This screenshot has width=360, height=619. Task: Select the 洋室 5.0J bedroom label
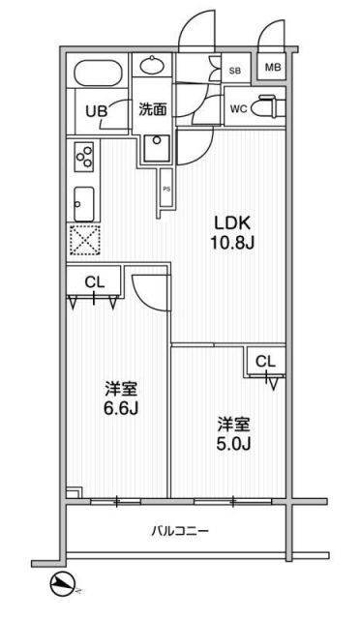click(233, 435)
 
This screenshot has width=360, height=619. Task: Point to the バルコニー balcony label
click(180, 531)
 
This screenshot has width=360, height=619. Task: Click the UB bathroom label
click(97, 110)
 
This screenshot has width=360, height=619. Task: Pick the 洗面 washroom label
click(152, 109)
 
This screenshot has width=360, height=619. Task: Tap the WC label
click(238, 108)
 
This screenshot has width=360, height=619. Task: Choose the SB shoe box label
click(234, 70)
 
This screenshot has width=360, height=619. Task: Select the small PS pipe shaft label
click(166, 189)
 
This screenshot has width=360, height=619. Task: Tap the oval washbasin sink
click(152, 67)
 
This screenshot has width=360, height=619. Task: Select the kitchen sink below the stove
click(82, 200)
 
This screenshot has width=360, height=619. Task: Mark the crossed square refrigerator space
click(84, 239)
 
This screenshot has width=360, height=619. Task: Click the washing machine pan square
click(154, 147)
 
